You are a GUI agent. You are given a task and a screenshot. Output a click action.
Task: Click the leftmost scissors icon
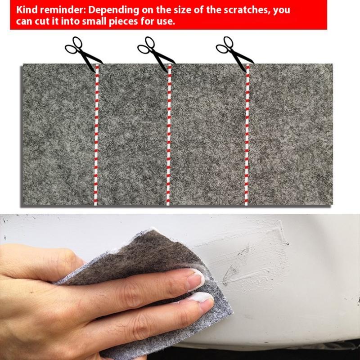tap(84, 54)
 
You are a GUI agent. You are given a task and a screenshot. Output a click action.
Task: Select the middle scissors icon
tap(156, 54)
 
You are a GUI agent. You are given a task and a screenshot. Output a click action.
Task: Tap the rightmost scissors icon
tap(235, 54)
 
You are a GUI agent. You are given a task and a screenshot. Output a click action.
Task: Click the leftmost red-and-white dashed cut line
tap(96, 135)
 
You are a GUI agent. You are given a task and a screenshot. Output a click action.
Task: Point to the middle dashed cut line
tap(169, 135)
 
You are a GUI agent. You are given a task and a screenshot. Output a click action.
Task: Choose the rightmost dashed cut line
tap(247, 135)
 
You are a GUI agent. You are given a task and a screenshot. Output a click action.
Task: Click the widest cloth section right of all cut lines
tap(291, 135)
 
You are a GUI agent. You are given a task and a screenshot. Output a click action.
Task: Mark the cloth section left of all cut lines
tap(58, 135)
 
